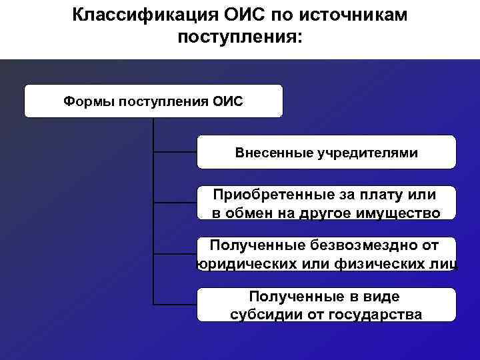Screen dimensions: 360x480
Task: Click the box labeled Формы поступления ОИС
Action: (153, 101)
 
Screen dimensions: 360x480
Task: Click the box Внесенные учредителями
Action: (326, 153)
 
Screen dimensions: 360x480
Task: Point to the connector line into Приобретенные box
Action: (175, 203)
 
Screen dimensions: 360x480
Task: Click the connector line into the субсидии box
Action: (175, 305)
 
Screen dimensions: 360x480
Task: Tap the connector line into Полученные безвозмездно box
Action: (175, 254)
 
